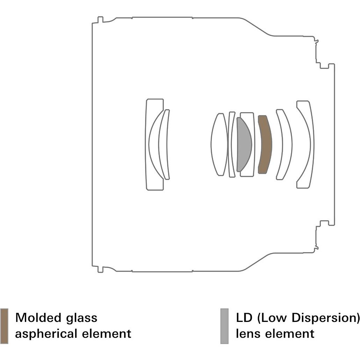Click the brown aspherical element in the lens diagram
coord(265,144)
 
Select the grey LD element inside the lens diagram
coord(244,144)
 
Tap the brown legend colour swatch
coord(4,326)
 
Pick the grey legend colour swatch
coord(224,326)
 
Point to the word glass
coord(81,318)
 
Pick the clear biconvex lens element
coord(219,144)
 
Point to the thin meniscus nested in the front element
coord(164,144)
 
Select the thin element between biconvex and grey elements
coord(231,144)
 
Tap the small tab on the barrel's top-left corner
coord(100,20)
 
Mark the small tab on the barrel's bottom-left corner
coord(100,269)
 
